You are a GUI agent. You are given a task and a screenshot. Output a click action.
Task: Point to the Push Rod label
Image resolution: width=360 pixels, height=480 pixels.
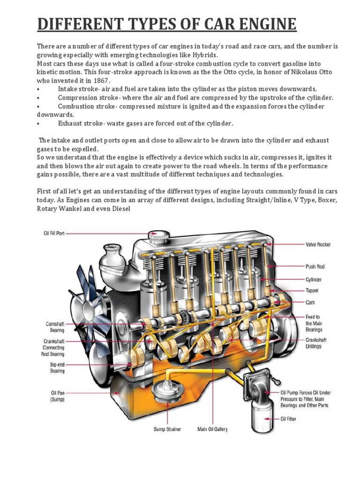315,266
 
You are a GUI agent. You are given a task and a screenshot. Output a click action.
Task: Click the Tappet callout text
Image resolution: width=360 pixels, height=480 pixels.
313,291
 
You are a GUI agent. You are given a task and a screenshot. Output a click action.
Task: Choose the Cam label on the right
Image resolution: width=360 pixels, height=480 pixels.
310,302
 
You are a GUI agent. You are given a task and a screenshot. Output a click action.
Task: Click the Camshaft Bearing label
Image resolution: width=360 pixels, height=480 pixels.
54,327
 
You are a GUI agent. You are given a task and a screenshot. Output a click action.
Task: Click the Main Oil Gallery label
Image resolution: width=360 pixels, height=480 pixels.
212,429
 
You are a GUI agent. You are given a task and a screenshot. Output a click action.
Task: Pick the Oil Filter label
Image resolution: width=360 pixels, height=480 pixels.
288,419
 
